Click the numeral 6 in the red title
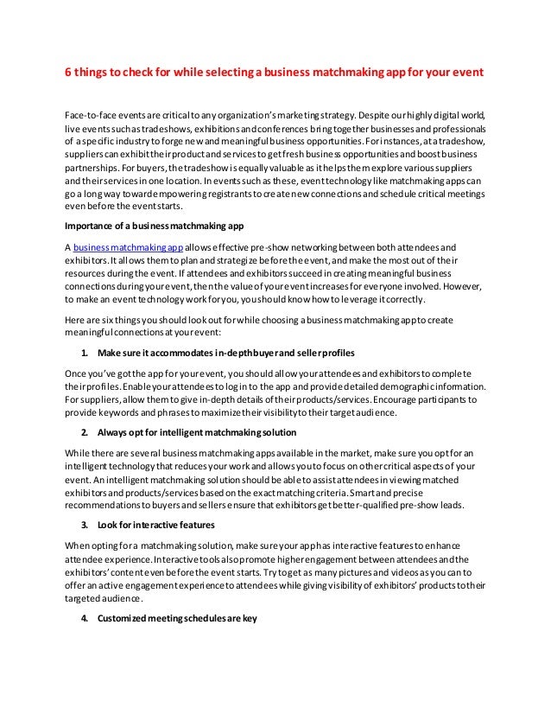pyautogui.click(x=69, y=73)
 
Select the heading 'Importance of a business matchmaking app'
pyautogui.click(x=149, y=227)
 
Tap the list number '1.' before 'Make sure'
pyautogui.click(x=85, y=354)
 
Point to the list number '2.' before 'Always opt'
pyautogui.click(x=85, y=431)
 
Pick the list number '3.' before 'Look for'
pyautogui.click(x=85, y=524)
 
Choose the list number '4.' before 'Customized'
pyautogui.click(x=85, y=617)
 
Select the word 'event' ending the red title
pyautogui.click(x=465, y=73)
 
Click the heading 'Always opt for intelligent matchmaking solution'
pyautogui.click(x=197, y=431)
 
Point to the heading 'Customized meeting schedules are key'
pyautogui.click(x=178, y=617)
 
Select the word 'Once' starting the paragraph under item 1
pyautogui.click(x=77, y=373)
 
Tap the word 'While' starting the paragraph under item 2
pyautogui.click(x=79, y=452)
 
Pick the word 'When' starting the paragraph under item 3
pyautogui.click(x=79, y=545)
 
